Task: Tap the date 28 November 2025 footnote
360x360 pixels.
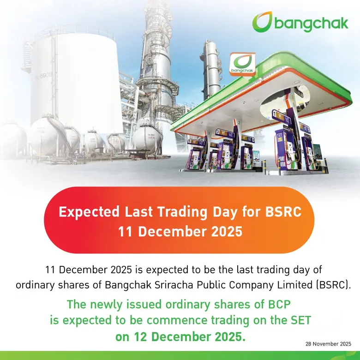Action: (328, 344)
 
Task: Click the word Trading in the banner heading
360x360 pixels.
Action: (176, 212)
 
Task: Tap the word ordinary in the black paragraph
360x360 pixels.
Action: (35, 285)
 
